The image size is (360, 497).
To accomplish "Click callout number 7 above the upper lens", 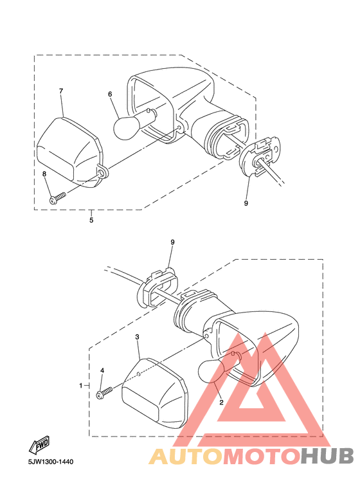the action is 61,91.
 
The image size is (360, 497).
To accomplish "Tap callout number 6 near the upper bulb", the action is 110,94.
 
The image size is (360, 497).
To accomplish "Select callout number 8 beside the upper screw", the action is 44,174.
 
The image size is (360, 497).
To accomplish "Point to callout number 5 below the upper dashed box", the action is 91,220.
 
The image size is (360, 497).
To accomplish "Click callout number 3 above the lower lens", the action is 137,337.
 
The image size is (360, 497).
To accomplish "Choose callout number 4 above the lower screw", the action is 102,370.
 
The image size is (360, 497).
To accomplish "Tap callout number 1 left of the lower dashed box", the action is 81,385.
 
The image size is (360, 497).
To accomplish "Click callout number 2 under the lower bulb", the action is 222,402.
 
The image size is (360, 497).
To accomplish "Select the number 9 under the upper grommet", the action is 246,203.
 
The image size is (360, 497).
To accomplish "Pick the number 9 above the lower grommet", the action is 172,242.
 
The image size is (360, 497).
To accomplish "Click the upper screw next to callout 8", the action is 57,198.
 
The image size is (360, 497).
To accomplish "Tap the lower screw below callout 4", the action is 105,392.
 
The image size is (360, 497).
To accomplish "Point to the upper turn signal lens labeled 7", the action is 70,152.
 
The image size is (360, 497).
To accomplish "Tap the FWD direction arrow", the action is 39,444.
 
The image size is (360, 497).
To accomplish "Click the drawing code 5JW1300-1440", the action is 50,462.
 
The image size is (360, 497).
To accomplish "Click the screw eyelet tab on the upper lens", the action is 102,172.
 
